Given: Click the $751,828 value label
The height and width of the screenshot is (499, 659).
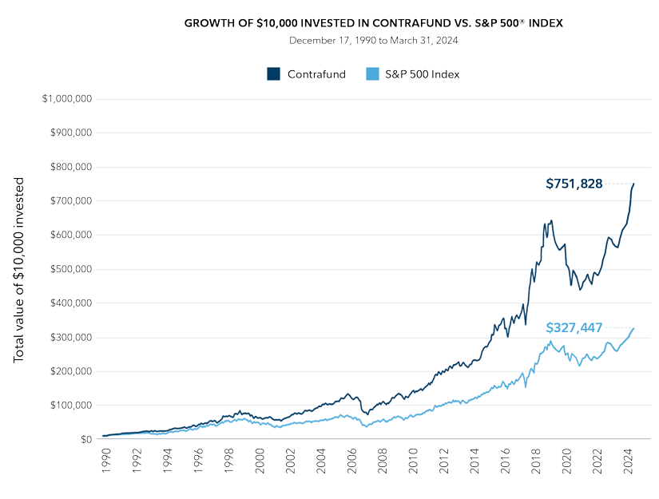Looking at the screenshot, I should click(574, 184).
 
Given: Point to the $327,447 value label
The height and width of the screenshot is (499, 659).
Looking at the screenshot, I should click(574, 327).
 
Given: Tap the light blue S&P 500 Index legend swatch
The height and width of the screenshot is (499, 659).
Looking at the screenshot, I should click(371, 74).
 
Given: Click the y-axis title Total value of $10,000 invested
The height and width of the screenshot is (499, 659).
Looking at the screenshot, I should click(20, 270).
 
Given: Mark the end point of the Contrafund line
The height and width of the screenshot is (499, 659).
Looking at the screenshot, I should click(633, 184).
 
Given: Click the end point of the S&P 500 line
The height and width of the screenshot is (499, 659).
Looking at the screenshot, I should click(633, 328).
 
